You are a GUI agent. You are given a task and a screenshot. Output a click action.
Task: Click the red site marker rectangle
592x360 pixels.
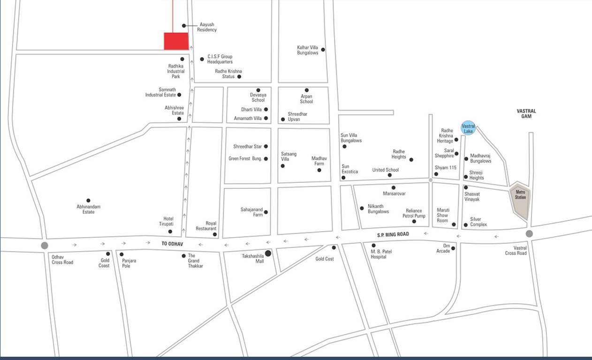coord(176,41)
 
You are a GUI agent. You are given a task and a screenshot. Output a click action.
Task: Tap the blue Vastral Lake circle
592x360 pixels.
coord(468,127)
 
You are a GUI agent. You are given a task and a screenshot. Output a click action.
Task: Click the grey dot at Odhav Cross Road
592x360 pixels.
coord(45,245)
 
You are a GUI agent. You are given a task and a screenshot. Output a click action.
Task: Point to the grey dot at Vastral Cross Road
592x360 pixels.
coord(529,233)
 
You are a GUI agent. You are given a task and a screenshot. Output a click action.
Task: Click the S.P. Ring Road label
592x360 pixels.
coord(393,234)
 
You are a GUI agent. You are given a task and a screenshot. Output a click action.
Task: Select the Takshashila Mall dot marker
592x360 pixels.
coord(268,253)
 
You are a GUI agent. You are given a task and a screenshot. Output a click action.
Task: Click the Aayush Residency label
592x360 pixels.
coord(207,27)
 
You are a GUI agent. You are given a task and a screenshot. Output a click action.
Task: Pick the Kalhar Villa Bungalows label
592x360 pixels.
coord(307,50)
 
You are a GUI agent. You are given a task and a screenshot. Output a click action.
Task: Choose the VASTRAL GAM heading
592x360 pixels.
coord(526,113)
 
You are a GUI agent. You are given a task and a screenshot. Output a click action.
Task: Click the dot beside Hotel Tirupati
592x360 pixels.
coord(170,232)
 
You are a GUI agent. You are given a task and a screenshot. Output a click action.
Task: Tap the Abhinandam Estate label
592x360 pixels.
coord(89,209)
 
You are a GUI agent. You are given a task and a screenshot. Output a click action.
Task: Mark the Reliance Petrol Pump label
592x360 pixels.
coord(414,213)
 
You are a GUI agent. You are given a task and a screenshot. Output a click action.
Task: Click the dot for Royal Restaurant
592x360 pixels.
coord(215,234)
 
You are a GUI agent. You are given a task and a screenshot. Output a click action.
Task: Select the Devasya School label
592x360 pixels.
coord(258,97)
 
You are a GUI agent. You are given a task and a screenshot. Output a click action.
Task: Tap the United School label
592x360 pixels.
coord(385,170)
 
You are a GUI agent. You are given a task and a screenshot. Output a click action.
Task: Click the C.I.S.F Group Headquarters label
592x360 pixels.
coord(220,59)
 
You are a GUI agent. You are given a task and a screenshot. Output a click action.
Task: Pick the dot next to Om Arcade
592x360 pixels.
coord(453,248)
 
